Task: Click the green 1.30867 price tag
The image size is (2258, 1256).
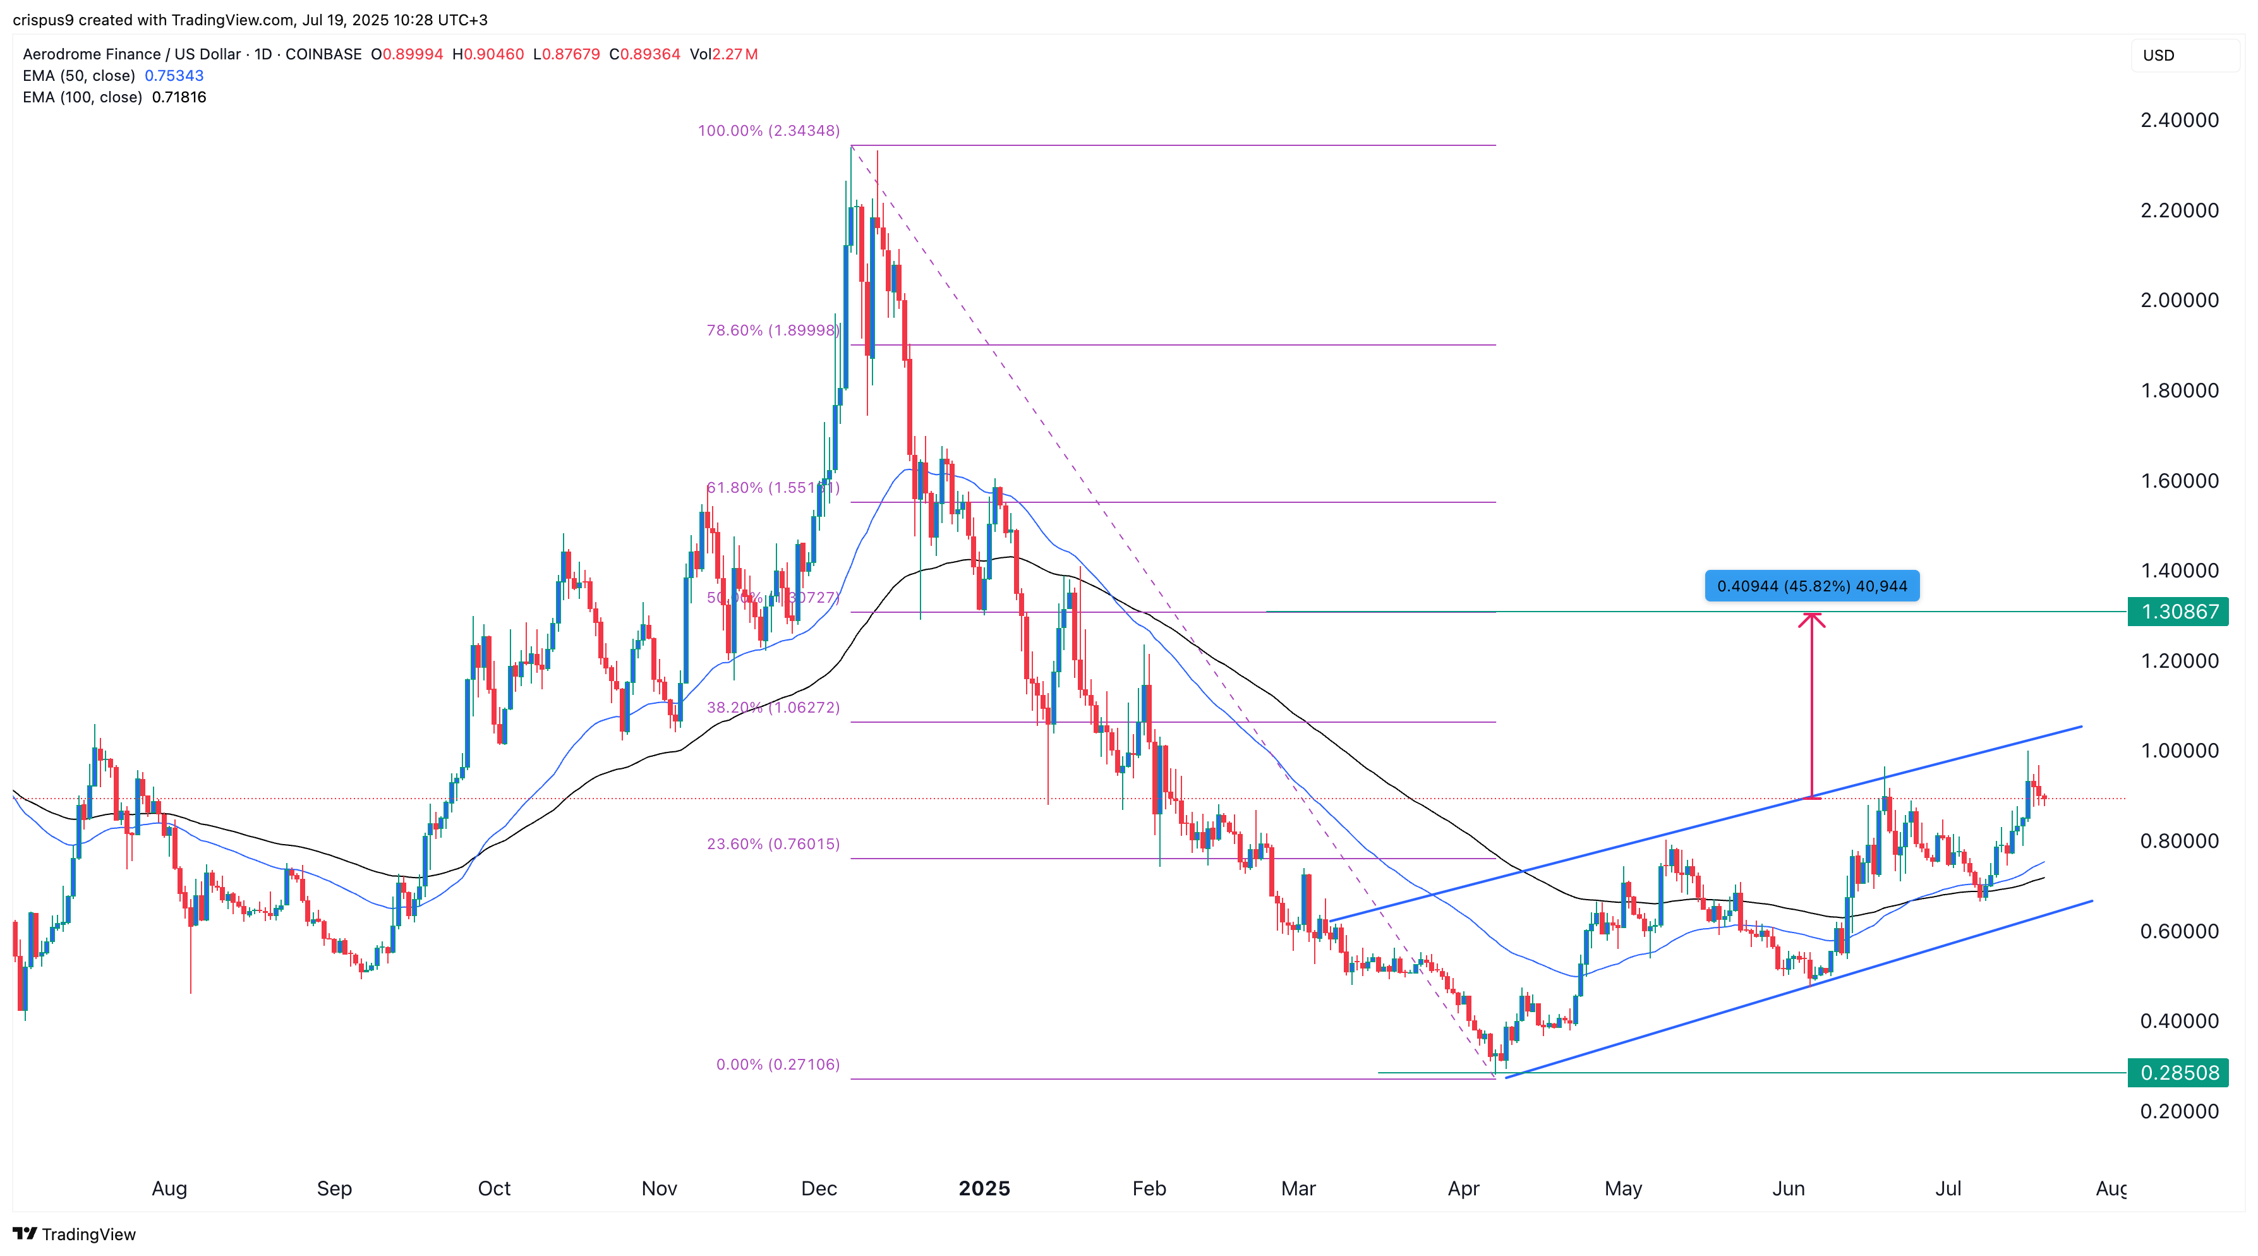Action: pyautogui.click(x=2178, y=611)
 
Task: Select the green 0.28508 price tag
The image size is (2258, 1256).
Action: pyautogui.click(x=2178, y=1072)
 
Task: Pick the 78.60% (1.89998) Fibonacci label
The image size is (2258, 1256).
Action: pyautogui.click(x=772, y=330)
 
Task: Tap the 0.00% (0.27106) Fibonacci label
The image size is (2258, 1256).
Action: pyautogui.click(x=778, y=1064)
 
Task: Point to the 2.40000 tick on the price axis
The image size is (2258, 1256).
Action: pyautogui.click(x=2179, y=120)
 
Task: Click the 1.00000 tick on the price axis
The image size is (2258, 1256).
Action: pyautogui.click(x=2179, y=751)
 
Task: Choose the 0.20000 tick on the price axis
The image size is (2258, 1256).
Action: pyautogui.click(x=2179, y=1111)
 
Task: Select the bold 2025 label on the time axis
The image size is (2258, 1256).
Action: pyautogui.click(x=984, y=1188)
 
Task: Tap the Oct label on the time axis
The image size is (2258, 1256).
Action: pyautogui.click(x=493, y=1188)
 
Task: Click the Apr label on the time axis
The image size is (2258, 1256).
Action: pyautogui.click(x=1463, y=1188)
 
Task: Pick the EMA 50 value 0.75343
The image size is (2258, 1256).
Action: pyautogui.click(x=174, y=75)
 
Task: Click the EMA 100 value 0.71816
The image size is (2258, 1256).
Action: pyautogui.click(x=179, y=97)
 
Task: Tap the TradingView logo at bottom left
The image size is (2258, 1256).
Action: pyautogui.click(x=75, y=1233)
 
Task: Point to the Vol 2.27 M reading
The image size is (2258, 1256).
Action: pyautogui.click(x=723, y=54)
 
